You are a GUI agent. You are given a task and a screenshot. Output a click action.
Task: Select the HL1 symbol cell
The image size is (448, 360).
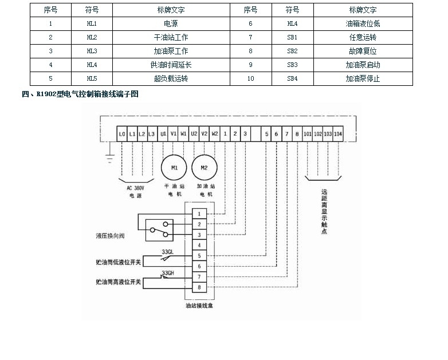(92, 24)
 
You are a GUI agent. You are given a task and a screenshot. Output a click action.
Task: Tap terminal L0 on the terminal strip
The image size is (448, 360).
(122, 133)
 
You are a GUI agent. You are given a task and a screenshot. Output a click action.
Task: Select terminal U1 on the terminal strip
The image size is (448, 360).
(164, 133)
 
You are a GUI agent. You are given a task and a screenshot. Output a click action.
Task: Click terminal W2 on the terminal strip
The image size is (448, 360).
(215, 133)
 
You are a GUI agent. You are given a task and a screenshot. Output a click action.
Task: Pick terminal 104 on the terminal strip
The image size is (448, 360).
(338, 133)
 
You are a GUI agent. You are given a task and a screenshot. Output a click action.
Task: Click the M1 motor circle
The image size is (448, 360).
(174, 168)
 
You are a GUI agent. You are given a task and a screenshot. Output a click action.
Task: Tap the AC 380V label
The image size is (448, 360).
(135, 188)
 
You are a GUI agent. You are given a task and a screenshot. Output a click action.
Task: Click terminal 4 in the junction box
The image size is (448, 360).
(198, 245)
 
